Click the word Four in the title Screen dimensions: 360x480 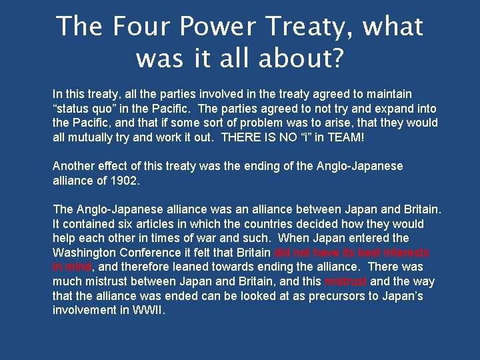tap(141, 27)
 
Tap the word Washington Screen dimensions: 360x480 tap(85, 253)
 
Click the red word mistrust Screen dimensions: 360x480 tap(345, 282)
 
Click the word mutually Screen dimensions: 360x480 tap(90, 137)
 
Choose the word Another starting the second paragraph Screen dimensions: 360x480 tap(74, 166)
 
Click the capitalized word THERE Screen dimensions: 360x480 tap(242, 137)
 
